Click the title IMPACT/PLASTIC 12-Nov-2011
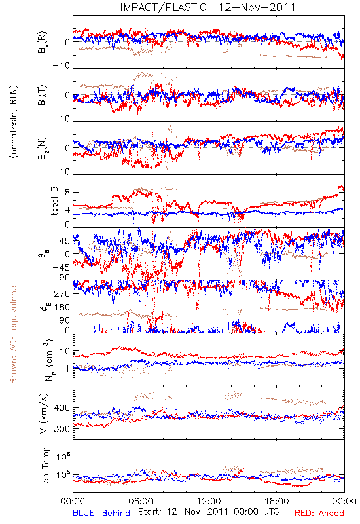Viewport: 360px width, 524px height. click(207, 7)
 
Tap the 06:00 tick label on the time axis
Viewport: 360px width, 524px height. click(141, 501)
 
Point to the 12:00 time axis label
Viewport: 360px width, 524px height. click(209, 501)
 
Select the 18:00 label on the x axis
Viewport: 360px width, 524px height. click(277, 501)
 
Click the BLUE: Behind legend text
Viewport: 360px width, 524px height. click(101, 513)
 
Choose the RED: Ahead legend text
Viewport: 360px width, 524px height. click(319, 513)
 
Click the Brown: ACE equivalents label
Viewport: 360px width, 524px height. click(13, 333)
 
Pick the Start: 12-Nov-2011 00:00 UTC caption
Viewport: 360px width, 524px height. click(209, 512)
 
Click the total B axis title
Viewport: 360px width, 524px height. click(54, 201)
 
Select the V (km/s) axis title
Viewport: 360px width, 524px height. click(44, 413)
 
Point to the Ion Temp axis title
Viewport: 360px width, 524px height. click(45, 466)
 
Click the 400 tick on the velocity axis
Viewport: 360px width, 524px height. click(62, 408)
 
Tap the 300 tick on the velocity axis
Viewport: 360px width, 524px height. click(62, 429)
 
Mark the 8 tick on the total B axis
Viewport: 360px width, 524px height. click(67, 193)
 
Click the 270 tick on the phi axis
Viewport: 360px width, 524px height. click(62, 293)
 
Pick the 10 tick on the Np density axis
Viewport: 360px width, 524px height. click(64, 352)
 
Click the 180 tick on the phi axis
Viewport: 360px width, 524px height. click(62, 307)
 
